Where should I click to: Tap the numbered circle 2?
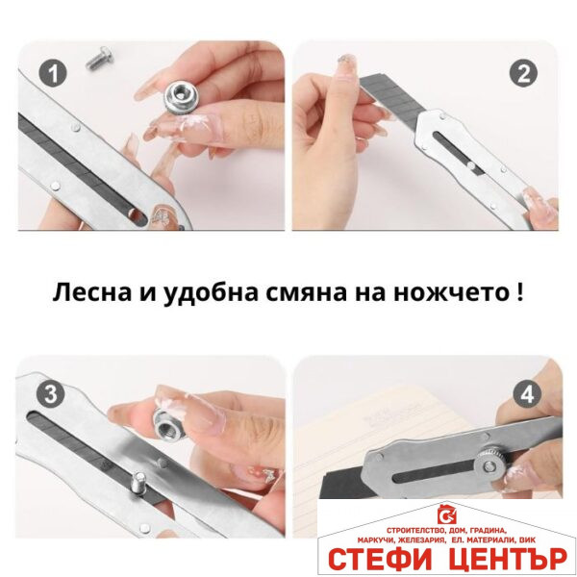(x=523, y=73)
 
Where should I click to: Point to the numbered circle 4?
(x=525, y=392)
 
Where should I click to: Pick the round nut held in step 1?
(x=178, y=95)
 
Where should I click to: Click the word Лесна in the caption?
(x=86, y=291)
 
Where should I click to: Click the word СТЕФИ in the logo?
(x=378, y=559)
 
